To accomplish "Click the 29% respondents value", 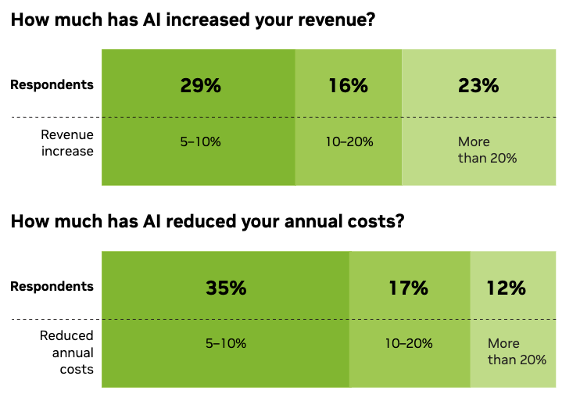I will [200, 86].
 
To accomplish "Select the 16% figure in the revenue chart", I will [348, 86].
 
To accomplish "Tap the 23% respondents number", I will [478, 86].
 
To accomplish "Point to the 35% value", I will [226, 288].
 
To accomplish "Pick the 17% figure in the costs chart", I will [408, 288].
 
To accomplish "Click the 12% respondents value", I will [506, 288].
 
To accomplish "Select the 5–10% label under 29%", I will [201, 142].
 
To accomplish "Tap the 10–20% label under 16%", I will [349, 142].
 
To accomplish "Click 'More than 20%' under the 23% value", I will [487, 150].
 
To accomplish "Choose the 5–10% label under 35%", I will [227, 343].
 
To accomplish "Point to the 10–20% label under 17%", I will [409, 343].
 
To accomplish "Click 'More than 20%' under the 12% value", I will [516, 352].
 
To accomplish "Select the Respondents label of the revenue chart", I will [52, 85].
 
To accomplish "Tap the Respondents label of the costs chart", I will [52, 287].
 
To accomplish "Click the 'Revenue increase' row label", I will [67, 143].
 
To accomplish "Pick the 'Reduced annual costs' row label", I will [67, 352].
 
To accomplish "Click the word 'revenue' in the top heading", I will [331, 21].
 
